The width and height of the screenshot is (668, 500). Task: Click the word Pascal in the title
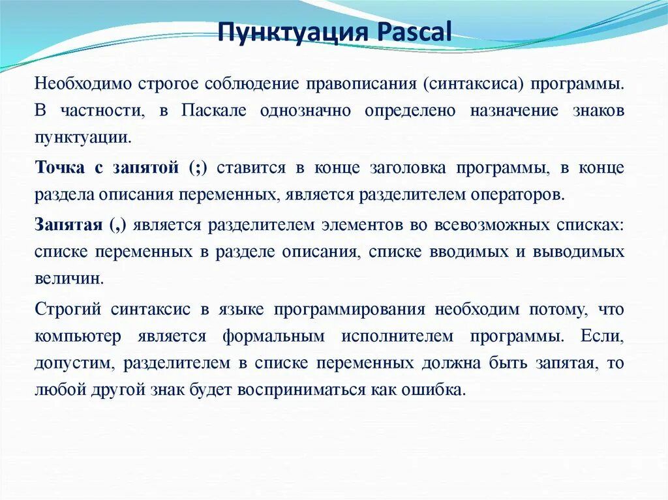[x=414, y=31]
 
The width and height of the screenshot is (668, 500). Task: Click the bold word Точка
[x=60, y=168]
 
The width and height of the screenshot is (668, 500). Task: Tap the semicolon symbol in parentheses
[x=198, y=168]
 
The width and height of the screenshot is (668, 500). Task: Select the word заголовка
[x=408, y=168]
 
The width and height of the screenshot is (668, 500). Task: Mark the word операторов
[x=514, y=194]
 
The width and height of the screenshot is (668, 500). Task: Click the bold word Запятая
[x=68, y=225]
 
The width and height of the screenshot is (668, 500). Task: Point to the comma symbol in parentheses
[x=123, y=226]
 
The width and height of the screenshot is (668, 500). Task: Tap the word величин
[x=68, y=277]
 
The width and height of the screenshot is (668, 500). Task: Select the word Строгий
[x=65, y=310]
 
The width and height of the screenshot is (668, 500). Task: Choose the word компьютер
[x=78, y=336]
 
